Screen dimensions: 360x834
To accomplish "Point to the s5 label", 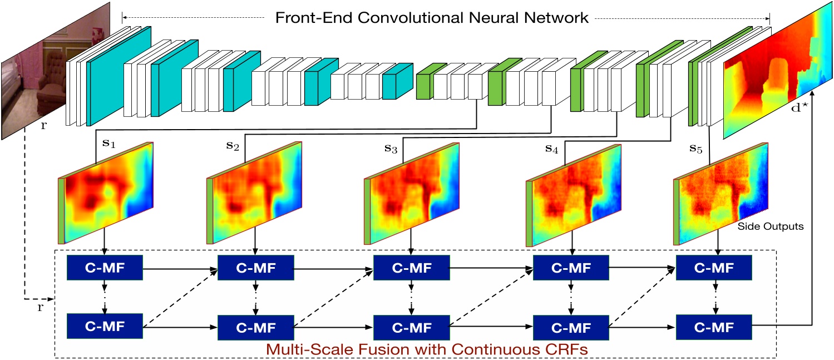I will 695,149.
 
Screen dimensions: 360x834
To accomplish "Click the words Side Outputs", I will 764,226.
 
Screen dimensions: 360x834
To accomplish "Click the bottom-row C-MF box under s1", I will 104,324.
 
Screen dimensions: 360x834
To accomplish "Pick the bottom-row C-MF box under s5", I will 713,325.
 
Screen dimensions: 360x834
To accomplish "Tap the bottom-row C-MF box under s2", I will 255,325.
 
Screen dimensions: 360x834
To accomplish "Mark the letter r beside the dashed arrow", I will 40,307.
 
